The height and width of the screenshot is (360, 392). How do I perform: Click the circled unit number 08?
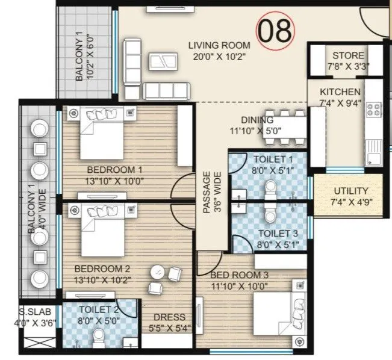[x=276, y=29]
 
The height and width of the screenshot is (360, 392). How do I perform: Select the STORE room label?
[x=347, y=55]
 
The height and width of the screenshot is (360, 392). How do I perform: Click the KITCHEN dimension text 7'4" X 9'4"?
[x=340, y=103]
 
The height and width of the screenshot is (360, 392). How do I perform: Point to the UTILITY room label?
[x=350, y=191]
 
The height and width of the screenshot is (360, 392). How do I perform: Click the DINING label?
[x=257, y=119]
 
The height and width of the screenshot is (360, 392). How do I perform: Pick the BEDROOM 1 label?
[x=114, y=169]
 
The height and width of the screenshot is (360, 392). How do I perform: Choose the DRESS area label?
[x=164, y=317]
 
